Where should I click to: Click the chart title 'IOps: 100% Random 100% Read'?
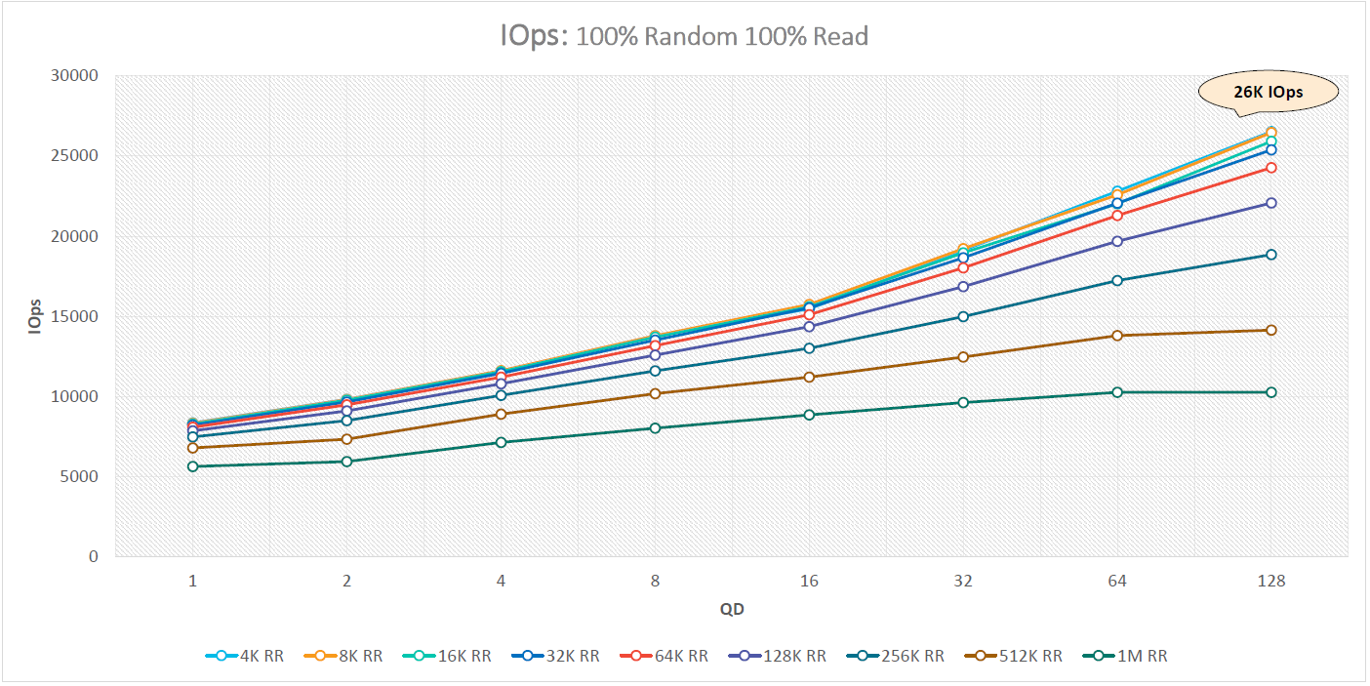pos(683,37)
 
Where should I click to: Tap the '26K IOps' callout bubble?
pos(1268,93)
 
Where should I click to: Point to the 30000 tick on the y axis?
pos(79,75)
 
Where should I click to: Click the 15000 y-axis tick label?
pos(79,316)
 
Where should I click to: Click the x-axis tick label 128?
pos(1271,581)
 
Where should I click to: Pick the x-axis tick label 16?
pos(809,581)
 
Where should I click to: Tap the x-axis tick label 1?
pos(192,581)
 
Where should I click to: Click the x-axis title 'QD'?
pos(732,610)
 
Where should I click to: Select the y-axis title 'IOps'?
pos(35,315)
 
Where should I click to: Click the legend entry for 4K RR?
pos(245,656)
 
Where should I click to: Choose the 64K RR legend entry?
pos(664,656)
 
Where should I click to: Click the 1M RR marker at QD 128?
pos(1271,392)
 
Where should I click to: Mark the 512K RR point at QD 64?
pos(1117,336)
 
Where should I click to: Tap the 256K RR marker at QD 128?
pos(1271,255)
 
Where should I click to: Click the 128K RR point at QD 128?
pos(1271,203)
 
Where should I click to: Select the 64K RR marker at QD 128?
pos(1271,168)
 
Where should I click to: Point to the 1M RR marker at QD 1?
pos(192,466)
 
